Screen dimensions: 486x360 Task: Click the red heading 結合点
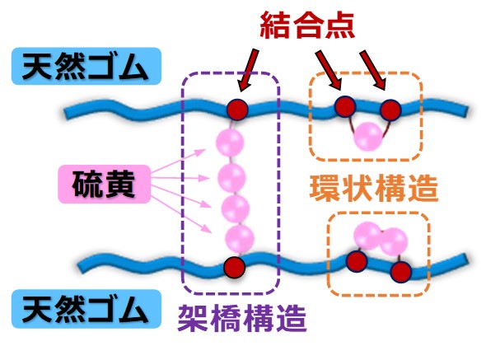click(x=307, y=26)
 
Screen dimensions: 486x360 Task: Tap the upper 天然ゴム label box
click(x=86, y=66)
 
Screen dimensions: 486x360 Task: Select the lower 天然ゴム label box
click(x=86, y=309)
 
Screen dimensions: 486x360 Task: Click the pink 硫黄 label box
click(x=105, y=185)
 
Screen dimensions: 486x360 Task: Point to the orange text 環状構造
click(x=374, y=188)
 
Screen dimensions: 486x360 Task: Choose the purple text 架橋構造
click(x=242, y=319)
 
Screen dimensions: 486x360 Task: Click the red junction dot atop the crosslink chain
click(x=237, y=110)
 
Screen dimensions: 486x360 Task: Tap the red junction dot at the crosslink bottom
click(x=235, y=267)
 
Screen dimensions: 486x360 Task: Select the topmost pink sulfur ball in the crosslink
click(x=230, y=143)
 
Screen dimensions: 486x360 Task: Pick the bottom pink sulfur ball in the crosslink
click(x=240, y=240)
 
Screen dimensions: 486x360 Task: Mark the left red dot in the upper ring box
click(x=345, y=106)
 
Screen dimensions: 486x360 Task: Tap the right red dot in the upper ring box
click(x=390, y=110)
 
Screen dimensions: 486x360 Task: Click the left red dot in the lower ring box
click(x=357, y=261)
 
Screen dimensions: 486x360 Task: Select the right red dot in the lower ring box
click(x=401, y=272)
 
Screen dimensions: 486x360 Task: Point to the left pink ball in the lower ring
click(x=367, y=236)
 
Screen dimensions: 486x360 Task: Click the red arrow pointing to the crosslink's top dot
click(x=248, y=71)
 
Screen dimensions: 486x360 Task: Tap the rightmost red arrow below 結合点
click(x=373, y=71)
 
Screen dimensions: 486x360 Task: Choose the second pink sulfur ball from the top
click(x=231, y=178)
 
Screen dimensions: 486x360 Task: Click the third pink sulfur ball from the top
click(x=236, y=208)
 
